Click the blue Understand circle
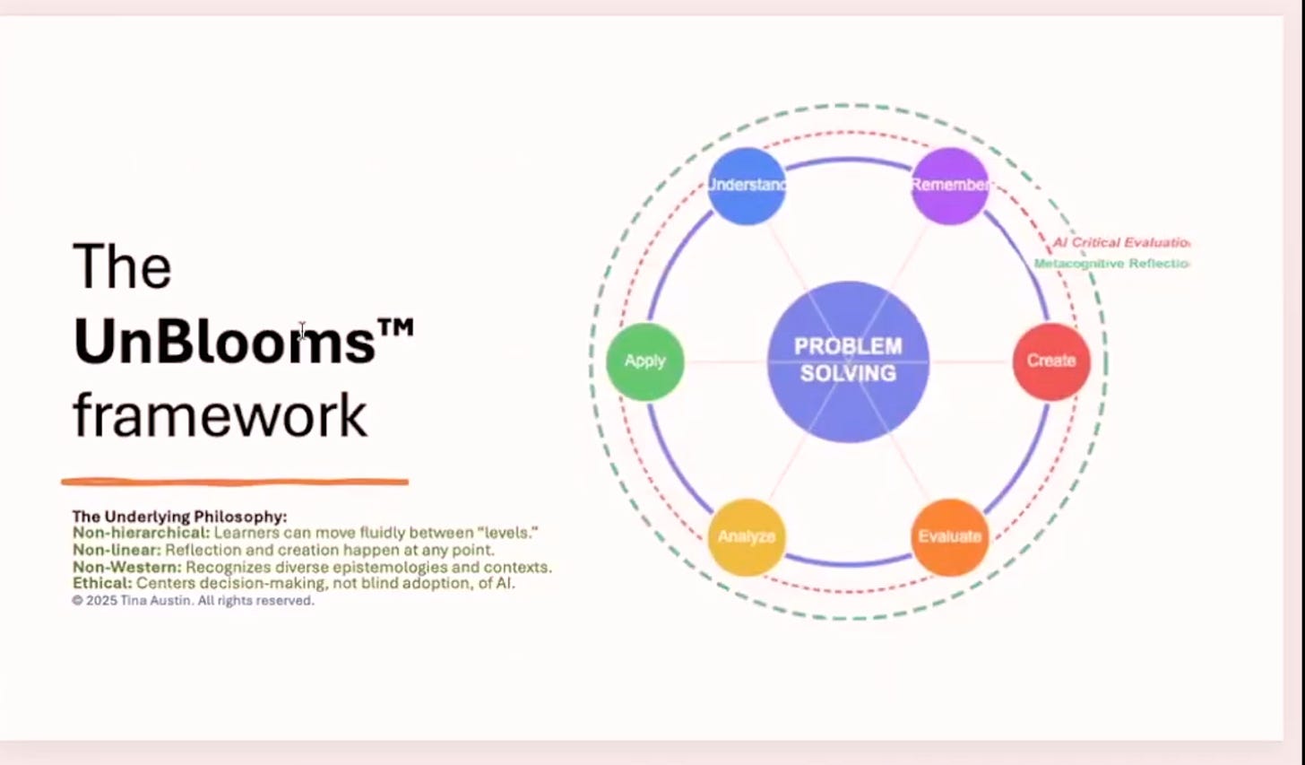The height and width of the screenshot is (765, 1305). pos(746,186)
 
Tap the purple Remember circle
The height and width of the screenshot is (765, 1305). pos(950,186)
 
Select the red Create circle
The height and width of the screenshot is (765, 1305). pos(1051,361)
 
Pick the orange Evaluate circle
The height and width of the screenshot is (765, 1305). pos(950,536)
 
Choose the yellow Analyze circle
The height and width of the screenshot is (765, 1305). pos(747,536)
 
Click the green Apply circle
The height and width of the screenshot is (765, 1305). pos(645,361)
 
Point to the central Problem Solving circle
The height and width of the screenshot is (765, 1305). pos(848,361)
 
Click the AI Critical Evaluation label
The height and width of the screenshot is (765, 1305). pos(1120,242)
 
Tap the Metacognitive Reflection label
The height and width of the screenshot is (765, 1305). pos(1111,264)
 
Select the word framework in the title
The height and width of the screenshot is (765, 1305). pos(220,415)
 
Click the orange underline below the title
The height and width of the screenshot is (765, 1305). pos(235,482)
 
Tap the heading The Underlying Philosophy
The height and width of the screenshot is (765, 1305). pos(179,517)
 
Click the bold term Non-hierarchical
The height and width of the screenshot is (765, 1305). pos(141,533)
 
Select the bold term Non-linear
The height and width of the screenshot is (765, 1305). pos(117,550)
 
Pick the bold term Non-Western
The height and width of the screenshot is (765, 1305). pos(126,567)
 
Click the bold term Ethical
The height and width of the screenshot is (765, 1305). pos(101,583)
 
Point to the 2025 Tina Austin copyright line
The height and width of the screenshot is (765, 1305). pos(193,601)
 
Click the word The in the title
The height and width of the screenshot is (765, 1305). pos(122,267)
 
